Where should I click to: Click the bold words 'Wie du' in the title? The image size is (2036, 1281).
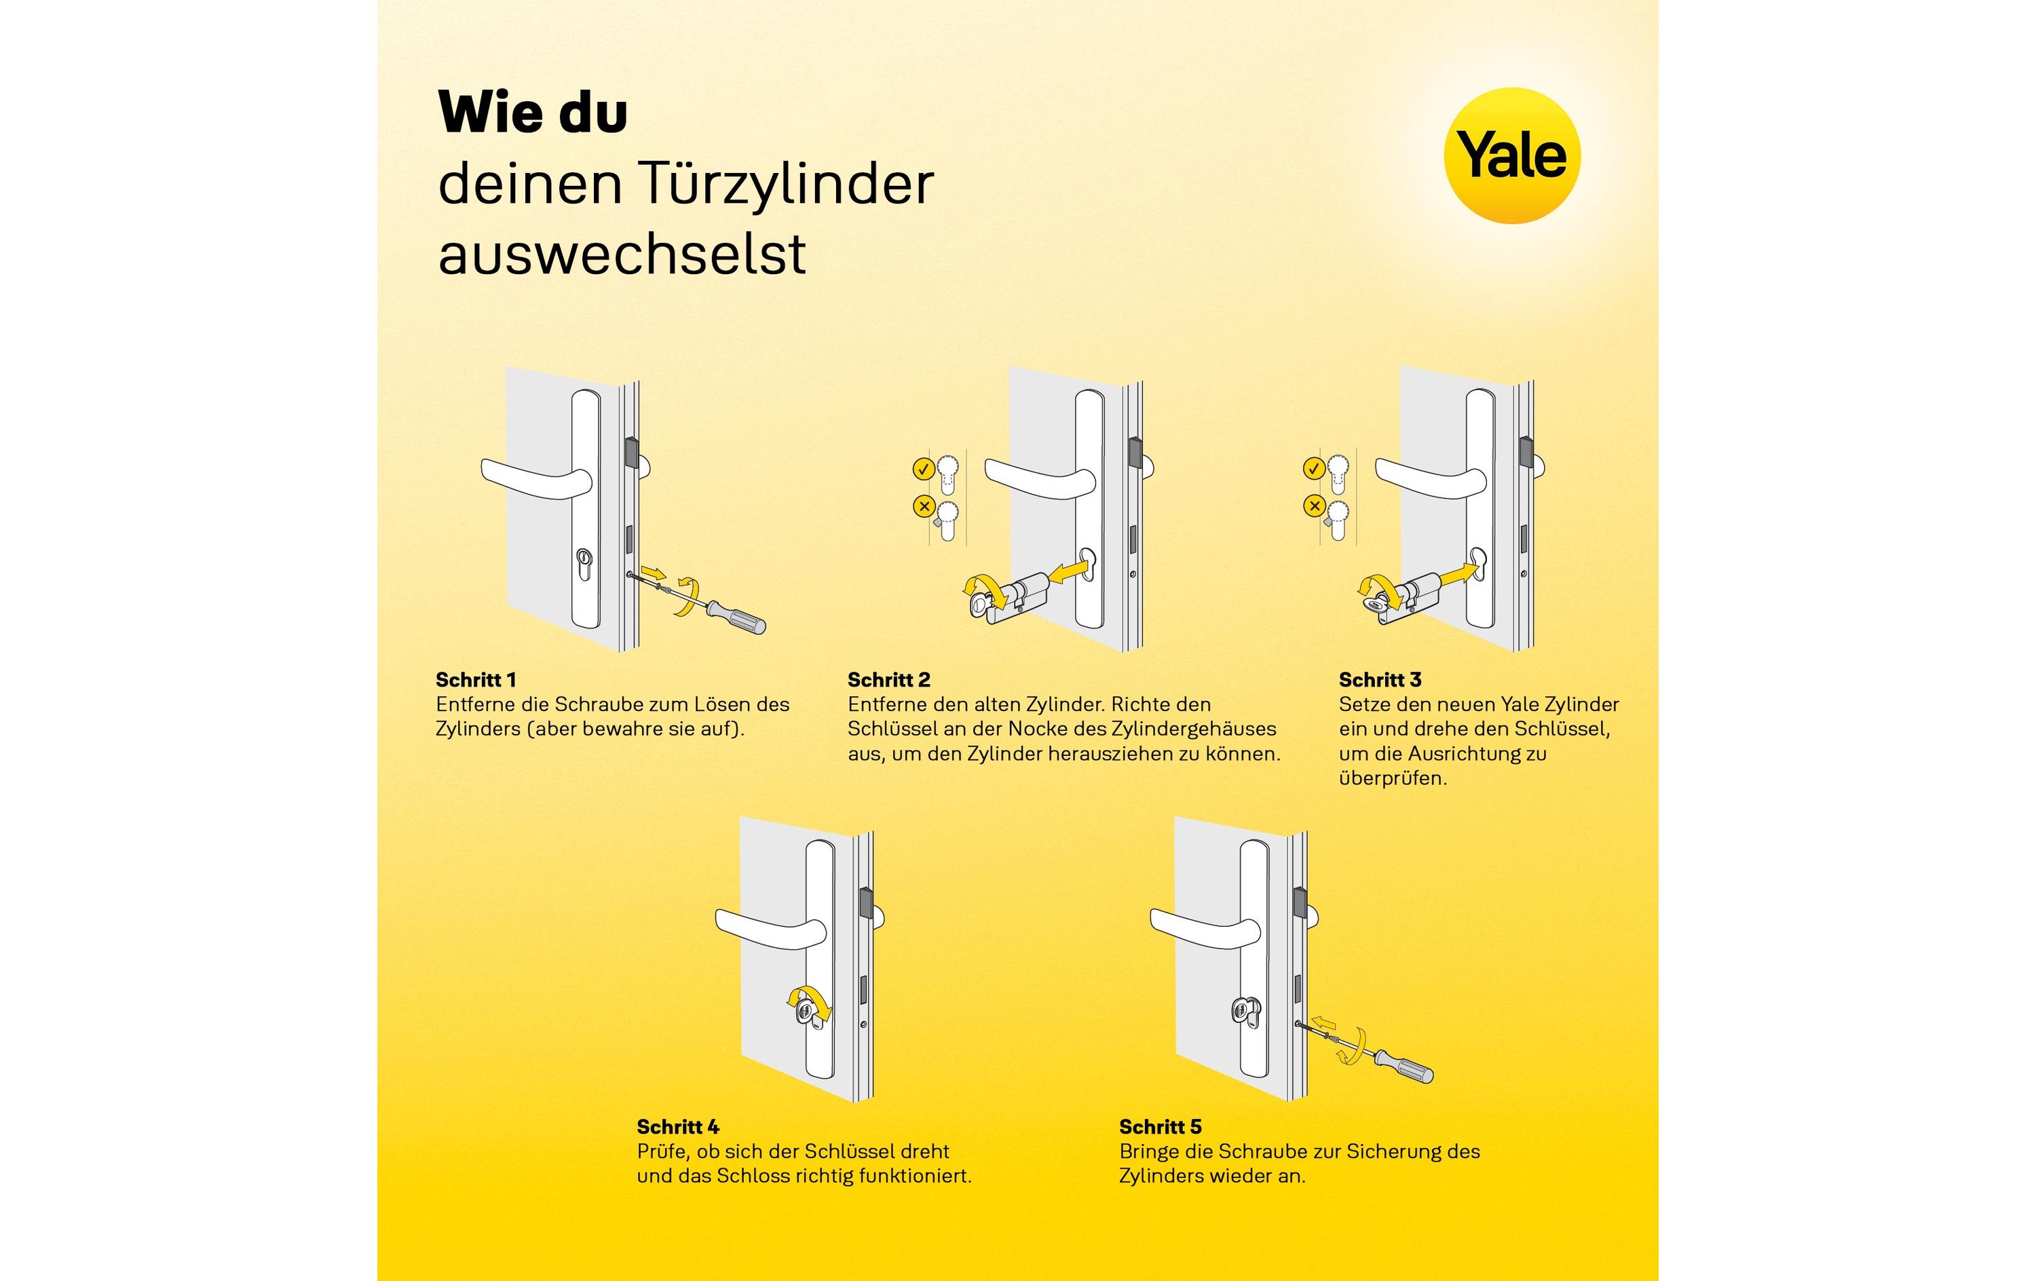point(533,113)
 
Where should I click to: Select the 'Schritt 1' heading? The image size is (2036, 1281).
point(475,680)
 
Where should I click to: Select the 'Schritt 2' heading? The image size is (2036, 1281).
point(888,680)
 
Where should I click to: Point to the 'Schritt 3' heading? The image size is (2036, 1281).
point(1380,680)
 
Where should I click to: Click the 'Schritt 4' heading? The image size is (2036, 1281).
point(677,1126)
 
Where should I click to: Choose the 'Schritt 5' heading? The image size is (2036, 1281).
point(1160,1126)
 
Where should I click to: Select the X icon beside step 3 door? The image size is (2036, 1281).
point(1314,505)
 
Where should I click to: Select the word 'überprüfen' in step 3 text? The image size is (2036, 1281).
point(1392,778)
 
